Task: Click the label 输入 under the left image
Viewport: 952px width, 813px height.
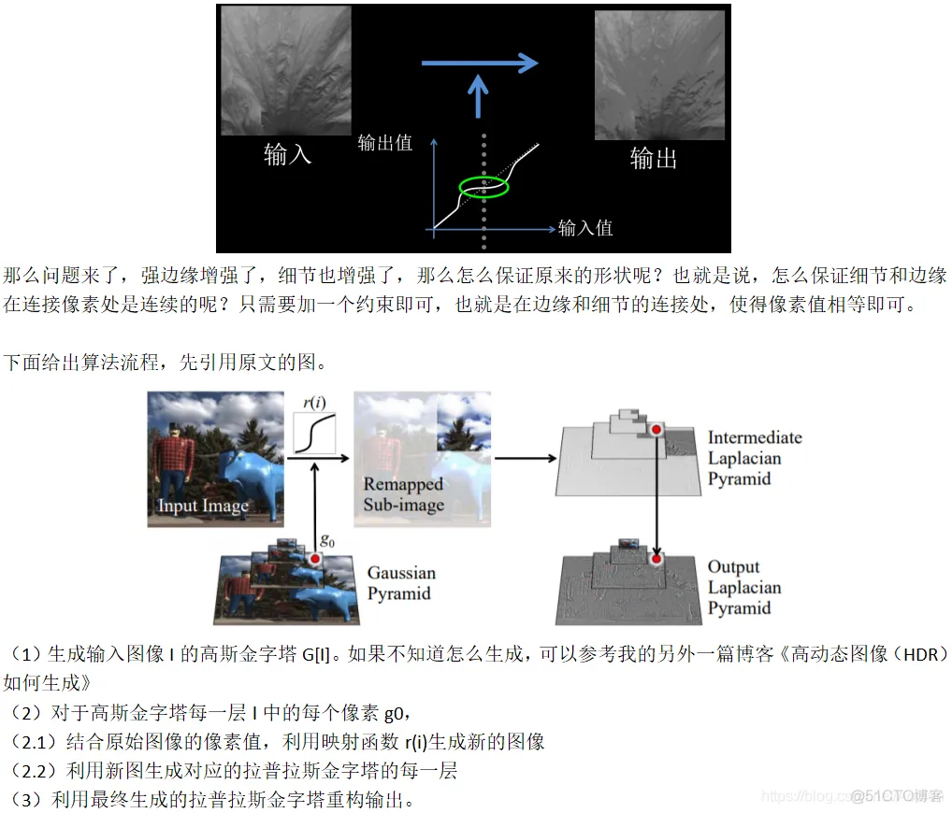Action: pos(287,154)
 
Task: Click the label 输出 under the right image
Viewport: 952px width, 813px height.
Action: pos(654,158)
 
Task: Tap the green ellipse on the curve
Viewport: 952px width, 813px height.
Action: pos(483,187)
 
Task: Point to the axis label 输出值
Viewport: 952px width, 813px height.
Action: pos(384,143)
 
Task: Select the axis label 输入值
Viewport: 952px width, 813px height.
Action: pos(585,227)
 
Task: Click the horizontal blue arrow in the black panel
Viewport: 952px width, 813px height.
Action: pos(480,64)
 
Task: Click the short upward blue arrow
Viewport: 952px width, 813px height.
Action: pos(478,96)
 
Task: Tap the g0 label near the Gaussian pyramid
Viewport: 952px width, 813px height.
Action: pos(327,540)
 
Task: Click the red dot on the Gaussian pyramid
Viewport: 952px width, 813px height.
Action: pos(316,559)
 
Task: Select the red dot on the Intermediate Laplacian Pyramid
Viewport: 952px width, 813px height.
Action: pos(656,429)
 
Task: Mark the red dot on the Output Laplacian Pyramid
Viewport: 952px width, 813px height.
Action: pos(656,559)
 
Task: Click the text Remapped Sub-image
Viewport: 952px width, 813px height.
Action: pos(403,494)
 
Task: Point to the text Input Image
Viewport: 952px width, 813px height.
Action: pos(203,506)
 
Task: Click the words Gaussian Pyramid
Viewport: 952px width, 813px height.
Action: pos(401,583)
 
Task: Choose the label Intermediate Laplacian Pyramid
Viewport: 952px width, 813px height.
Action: pos(754,458)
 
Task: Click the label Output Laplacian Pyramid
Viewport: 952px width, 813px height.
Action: pos(745,587)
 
